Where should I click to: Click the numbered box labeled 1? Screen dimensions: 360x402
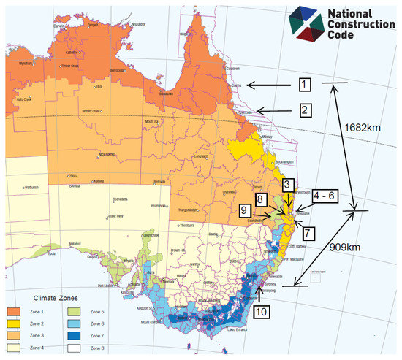[x=305, y=86]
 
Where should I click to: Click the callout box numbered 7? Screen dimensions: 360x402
[x=306, y=232]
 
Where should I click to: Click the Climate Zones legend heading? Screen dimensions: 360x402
[x=55, y=297]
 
